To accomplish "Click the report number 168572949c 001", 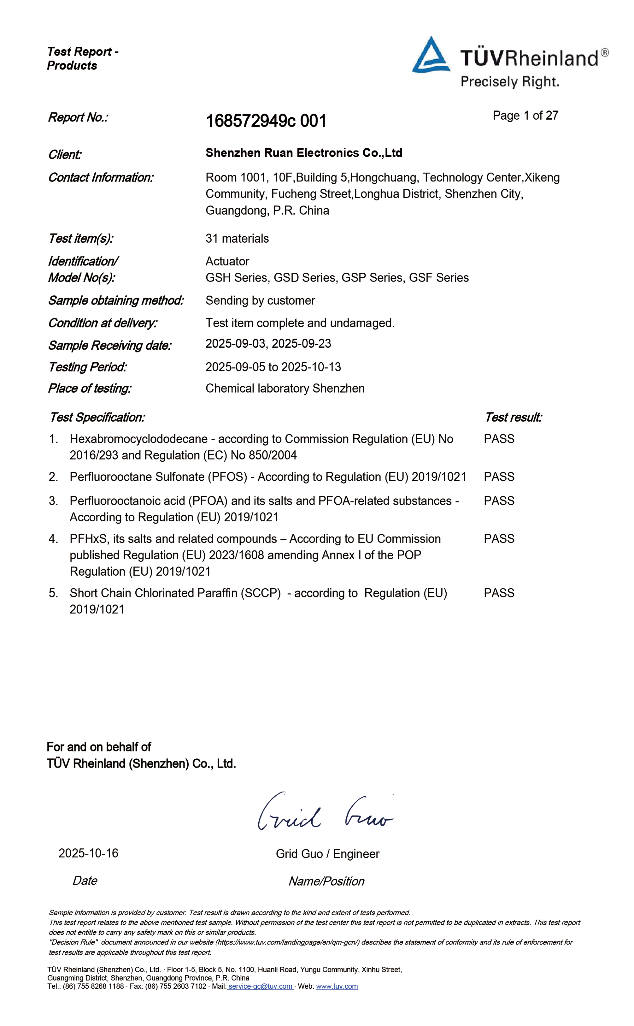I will [x=266, y=121].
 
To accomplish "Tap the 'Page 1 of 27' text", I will [x=525, y=116].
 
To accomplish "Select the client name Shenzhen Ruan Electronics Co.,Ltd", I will [x=303, y=153].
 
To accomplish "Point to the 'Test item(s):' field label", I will [x=80, y=239].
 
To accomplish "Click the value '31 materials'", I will [x=237, y=239].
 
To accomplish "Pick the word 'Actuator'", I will [x=227, y=261].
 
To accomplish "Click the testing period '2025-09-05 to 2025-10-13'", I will [x=273, y=367].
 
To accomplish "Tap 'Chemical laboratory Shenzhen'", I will [x=285, y=388].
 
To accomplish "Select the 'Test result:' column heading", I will [x=513, y=417].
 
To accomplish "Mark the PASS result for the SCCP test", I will [x=499, y=593].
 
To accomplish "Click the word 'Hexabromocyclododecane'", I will [x=138, y=439].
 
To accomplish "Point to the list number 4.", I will [x=53, y=539].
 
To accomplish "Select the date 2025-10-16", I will [x=88, y=853].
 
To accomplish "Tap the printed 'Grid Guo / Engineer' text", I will [x=327, y=854].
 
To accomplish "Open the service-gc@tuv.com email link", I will [x=260, y=986].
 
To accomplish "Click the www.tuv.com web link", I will [x=337, y=986].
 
